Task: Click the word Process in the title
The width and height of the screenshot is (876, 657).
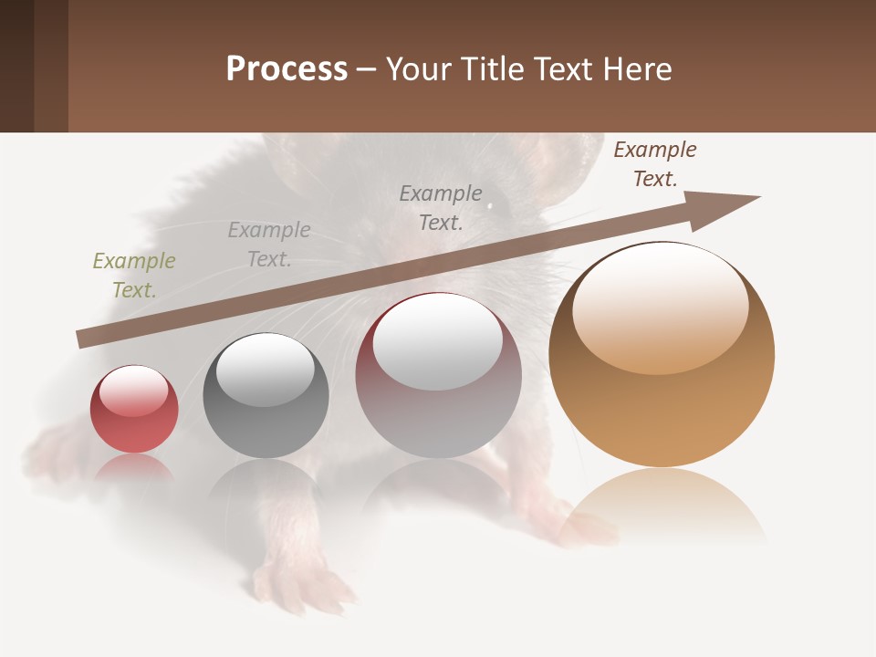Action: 287,69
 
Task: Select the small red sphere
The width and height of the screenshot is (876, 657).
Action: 134,410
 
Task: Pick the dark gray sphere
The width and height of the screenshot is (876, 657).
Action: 266,396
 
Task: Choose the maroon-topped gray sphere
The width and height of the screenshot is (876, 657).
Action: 438,375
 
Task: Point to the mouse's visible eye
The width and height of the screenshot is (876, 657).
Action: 490,205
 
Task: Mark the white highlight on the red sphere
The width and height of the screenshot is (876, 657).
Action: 133,391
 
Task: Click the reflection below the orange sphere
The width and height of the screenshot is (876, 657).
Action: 662,502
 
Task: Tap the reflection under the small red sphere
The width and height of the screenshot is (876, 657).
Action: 134,467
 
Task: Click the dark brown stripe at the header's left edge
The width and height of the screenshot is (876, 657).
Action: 16,66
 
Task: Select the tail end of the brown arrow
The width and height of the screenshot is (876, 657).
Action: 84,339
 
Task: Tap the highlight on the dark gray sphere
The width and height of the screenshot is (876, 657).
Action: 266,370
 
